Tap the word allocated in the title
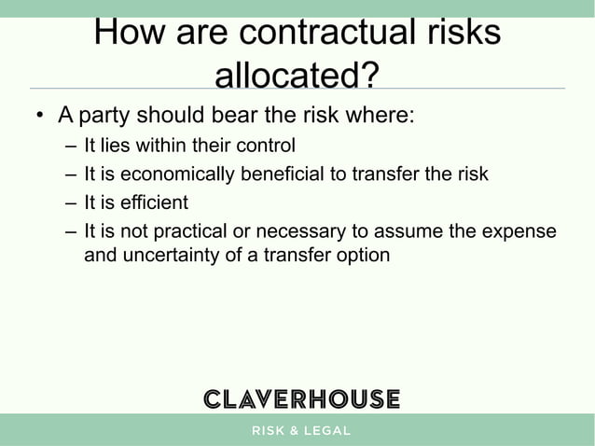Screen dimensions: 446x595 (x=287, y=75)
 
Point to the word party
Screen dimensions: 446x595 (x=106, y=118)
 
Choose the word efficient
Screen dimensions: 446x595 (x=154, y=202)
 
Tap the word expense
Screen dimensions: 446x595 (x=518, y=230)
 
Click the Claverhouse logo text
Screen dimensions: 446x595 (x=301, y=398)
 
